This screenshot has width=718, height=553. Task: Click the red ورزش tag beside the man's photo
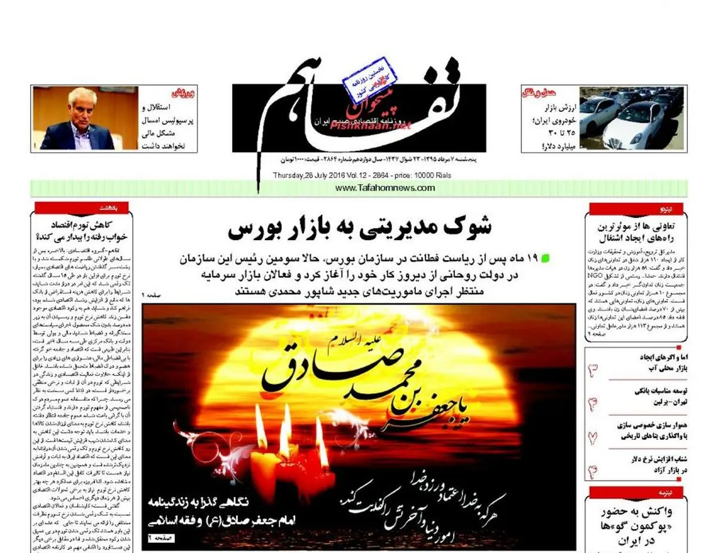click(183, 93)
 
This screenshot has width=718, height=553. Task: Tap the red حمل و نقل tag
click(538, 93)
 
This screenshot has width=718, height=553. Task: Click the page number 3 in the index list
click(593, 369)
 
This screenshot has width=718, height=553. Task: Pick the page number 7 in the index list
click(593, 437)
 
